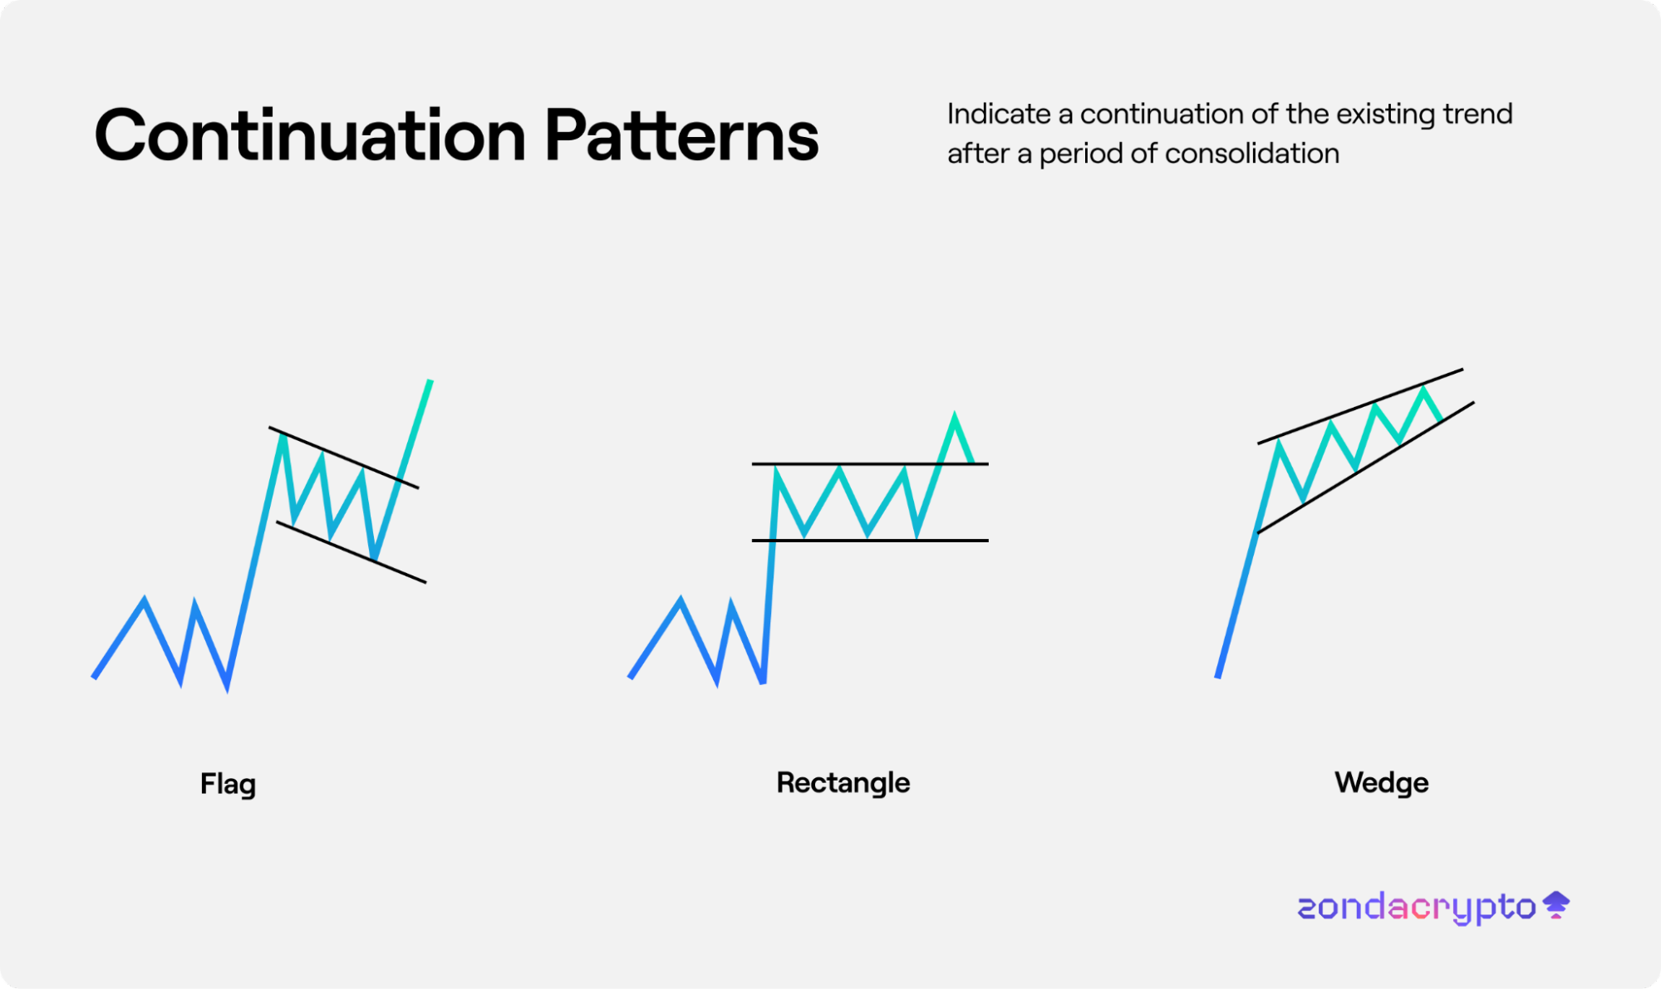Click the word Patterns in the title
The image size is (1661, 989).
(681, 135)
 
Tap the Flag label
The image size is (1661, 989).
(228, 784)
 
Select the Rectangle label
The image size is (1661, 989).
(843, 783)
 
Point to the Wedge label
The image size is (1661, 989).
(1382, 783)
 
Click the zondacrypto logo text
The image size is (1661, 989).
(1417, 908)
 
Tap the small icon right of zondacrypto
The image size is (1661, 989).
(1556, 904)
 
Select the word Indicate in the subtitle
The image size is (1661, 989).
(999, 114)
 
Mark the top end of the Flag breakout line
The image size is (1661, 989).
(430, 381)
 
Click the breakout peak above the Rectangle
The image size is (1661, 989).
(955, 414)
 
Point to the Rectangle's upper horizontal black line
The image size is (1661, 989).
(870, 463)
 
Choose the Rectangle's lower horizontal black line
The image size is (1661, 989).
(870, 541)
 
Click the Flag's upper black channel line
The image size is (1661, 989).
(343, 458)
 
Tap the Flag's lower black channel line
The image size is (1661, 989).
(351, 552)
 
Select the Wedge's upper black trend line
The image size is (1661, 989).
(1360, 406)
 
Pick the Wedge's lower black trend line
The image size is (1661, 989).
(1366, 468)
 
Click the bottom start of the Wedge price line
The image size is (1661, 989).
(1217, 678)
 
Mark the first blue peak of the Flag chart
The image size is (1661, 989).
(145, 600)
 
